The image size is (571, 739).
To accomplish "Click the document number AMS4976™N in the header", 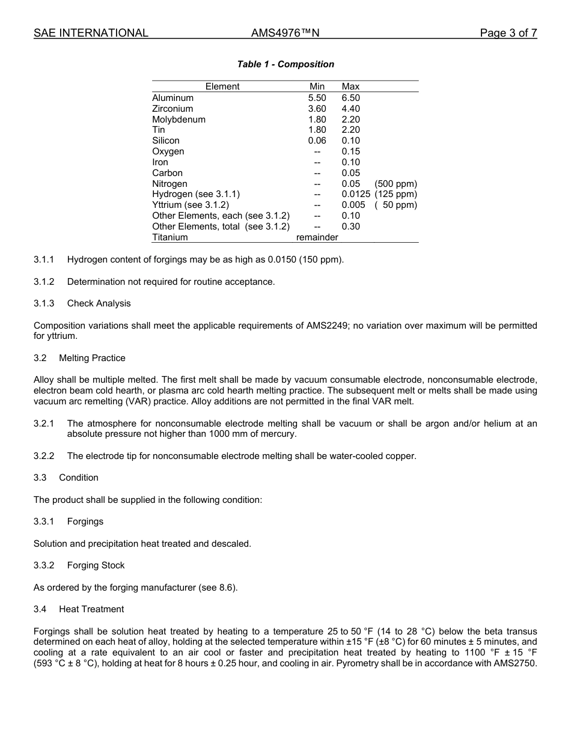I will coord(285,33).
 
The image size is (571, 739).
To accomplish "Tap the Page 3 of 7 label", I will coord(508,33).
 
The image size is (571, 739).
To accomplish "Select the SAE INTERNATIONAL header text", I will coord(91,33).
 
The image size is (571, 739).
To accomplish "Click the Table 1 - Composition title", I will coord(285,64).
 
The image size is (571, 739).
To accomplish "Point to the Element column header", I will coord(222,87).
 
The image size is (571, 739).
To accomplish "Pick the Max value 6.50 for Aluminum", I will coord(351,98).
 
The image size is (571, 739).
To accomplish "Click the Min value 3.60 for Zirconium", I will coord(317,109).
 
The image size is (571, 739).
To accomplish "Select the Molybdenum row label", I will coord(179,120).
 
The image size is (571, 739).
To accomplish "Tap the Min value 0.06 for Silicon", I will coord(317,141).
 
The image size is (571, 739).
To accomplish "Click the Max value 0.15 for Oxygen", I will coord(351,151).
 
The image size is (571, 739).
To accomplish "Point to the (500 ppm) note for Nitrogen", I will coord(395,184).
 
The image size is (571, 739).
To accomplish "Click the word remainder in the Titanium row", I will coord(317,237).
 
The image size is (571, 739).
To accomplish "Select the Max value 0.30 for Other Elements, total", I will coord(351,227).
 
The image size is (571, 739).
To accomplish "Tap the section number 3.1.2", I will coord(44,282).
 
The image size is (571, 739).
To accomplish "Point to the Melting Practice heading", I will coord(92,358).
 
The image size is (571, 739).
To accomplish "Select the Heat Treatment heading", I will coord(91,609).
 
